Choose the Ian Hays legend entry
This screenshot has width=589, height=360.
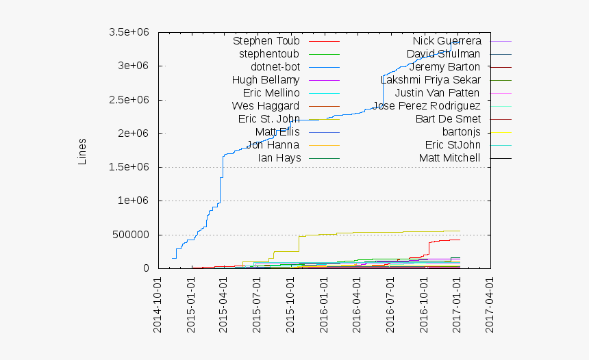(x=278, y=158)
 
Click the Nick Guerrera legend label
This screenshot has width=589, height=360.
(x=447, y=41)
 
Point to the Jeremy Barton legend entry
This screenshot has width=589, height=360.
(x=444, y=67)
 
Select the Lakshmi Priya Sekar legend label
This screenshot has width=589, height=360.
(x=430, y=80)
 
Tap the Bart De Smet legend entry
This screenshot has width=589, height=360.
(x=448, y=119)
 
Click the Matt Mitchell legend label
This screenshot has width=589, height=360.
(x=449, y=158)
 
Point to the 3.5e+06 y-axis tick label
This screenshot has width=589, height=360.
(x=129, y=32)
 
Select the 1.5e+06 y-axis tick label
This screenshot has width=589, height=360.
(x=129, y=167)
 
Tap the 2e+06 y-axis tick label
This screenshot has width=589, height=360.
(x=134, y=133)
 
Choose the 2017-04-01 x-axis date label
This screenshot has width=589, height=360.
(x=490, y=305)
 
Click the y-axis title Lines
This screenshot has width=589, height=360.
(x=82, y=152)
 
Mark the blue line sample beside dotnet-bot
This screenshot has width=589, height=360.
(x=324, y=67)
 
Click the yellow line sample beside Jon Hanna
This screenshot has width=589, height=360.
(x=324, y=145)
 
